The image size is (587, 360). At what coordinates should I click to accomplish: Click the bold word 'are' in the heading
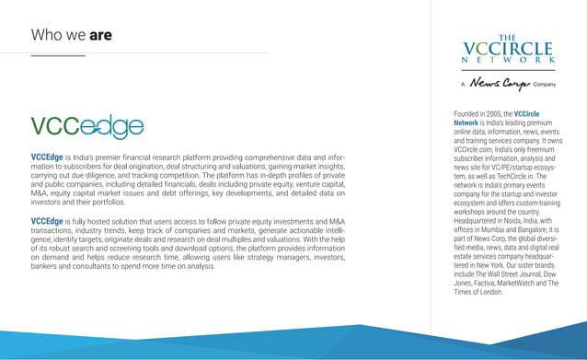click(100, 36)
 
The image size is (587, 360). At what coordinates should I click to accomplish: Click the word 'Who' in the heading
click(46, 36)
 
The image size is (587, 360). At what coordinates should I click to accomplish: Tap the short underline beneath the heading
click(57, 55)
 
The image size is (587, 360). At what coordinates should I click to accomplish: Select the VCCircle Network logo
click(509, 50)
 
